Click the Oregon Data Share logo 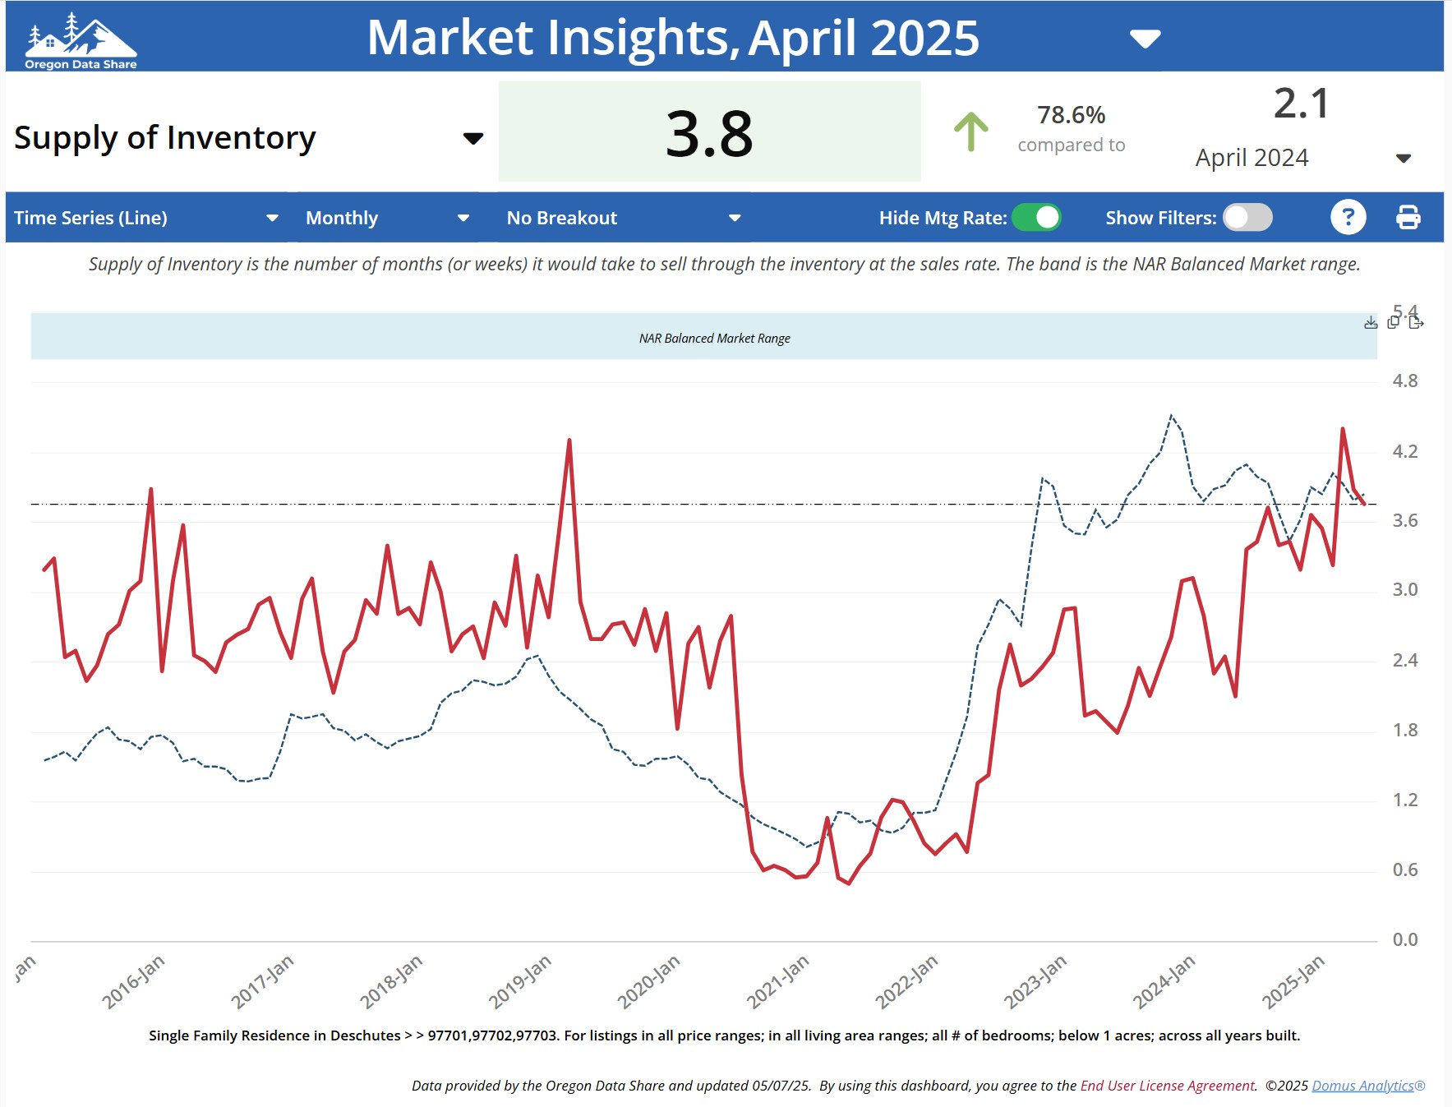click(x=81, y=40)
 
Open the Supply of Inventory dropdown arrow click(x=472, y=138)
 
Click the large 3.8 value click(x=709, y=133)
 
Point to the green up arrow click(x=970, y=131)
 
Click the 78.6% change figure click(x=1071, y=115)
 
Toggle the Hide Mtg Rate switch click(x=1036, y=218)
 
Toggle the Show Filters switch click(x=1247, y=218)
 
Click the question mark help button click(x=1348, y=218)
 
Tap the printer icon click(x=1408, y=218)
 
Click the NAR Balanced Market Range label click(x=714, y=339)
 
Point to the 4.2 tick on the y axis click(x=1404, y=451)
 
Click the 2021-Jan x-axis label click(x=777, y=981)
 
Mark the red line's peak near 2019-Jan click(x=569, y=440)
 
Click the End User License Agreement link click(x=1167, y=1086)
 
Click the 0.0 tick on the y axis click(x=1404, y=939)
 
